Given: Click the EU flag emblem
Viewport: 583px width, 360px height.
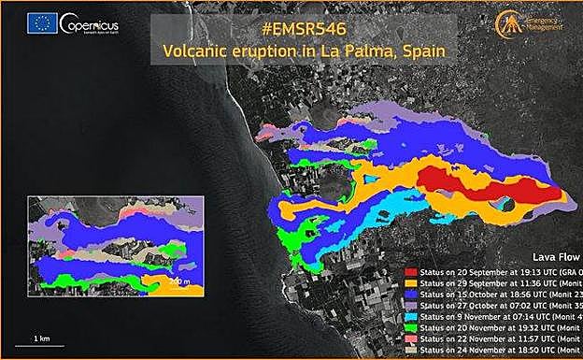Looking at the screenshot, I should click(x=43, y=23).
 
